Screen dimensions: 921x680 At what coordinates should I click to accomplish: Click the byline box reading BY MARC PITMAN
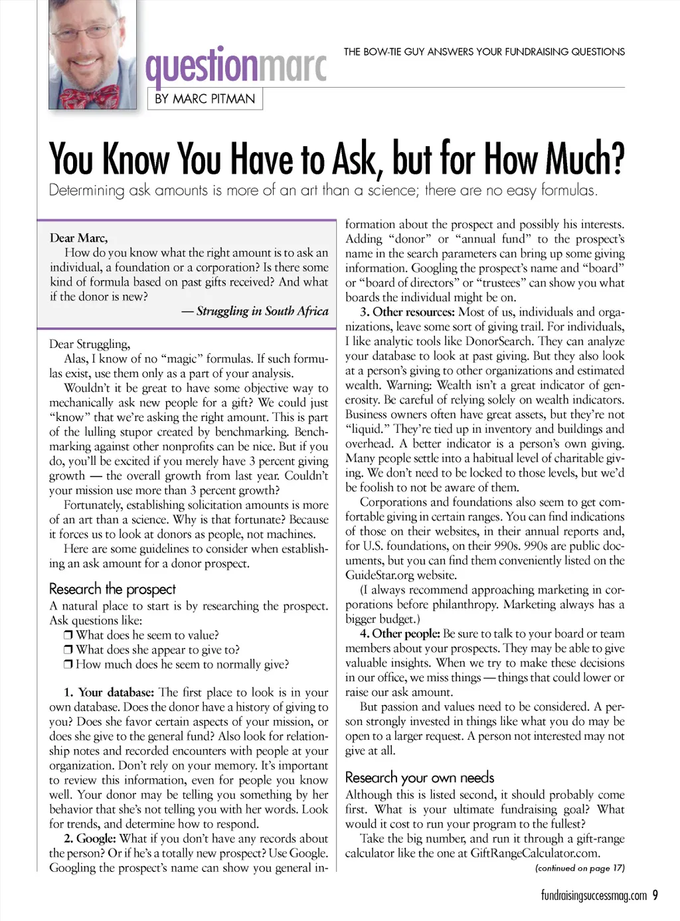tap(205, 99)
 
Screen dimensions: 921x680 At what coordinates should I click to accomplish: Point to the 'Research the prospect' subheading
tap(112, 589)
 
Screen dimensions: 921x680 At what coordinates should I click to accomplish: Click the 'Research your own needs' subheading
tap(420, 778)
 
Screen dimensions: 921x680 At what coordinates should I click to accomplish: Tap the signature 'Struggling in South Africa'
tap(262, 311)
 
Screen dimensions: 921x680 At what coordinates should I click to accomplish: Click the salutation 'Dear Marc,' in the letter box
tap(78, 238)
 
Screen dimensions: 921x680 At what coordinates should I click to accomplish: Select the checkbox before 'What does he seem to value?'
tap(68, 635)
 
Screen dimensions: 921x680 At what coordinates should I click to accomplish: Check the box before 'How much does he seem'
tap(68, 665)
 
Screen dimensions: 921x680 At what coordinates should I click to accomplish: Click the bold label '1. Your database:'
tap(110, 693)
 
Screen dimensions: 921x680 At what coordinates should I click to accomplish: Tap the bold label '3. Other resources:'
tap(407, 312)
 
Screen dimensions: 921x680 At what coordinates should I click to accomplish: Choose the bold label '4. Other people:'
tap(400, 633)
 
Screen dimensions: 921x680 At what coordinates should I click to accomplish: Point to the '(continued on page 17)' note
tap(580, 868)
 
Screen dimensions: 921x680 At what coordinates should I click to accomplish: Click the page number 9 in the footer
tap(655, 895)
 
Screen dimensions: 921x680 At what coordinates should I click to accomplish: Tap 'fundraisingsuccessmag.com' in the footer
tap(594, 896)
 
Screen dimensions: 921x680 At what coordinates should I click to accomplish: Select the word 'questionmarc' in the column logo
tap(236, 66)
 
